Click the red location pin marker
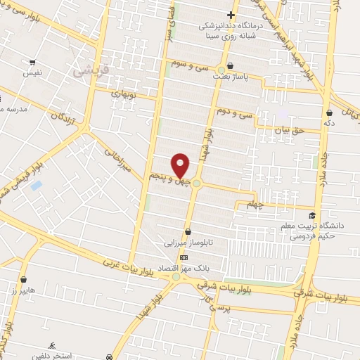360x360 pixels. [x=181, y=165]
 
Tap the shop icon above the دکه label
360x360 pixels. [x=330, y=111]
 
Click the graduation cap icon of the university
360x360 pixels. [x=311, y=215]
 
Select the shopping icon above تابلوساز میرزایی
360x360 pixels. [x=188, y=231]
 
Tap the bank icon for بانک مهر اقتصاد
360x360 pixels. [x=184, y=257]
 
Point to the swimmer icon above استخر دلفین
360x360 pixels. [x=52, y=345]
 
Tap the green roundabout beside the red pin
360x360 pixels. [x=198, y=184]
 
